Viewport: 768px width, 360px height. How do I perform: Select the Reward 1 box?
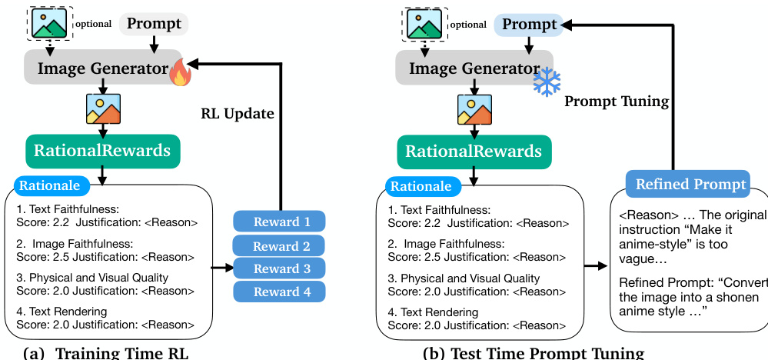(x=278, y=222)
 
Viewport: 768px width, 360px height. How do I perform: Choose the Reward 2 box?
(x=278, y=246)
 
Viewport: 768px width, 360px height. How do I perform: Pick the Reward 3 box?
(x=278, y=268)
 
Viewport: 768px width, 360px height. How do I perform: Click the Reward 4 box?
(x=278, y=292)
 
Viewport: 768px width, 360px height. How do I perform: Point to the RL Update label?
(x=238, y=114)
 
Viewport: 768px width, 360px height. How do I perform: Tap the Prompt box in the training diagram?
(x=154, y=24)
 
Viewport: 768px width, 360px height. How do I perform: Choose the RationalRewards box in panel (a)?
(x=102, y=151)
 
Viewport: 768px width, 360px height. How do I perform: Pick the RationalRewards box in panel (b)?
(x=474, y=151)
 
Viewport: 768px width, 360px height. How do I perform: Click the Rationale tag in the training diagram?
(x=51, y=185)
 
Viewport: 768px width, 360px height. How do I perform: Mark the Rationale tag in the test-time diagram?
(x=422, y=185)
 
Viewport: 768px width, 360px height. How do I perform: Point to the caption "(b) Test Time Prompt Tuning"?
(x=533, y=353)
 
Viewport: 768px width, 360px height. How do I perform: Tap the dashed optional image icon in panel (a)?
(x=48, y=23)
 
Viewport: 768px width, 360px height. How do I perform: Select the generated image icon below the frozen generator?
(x=474, y=108)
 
